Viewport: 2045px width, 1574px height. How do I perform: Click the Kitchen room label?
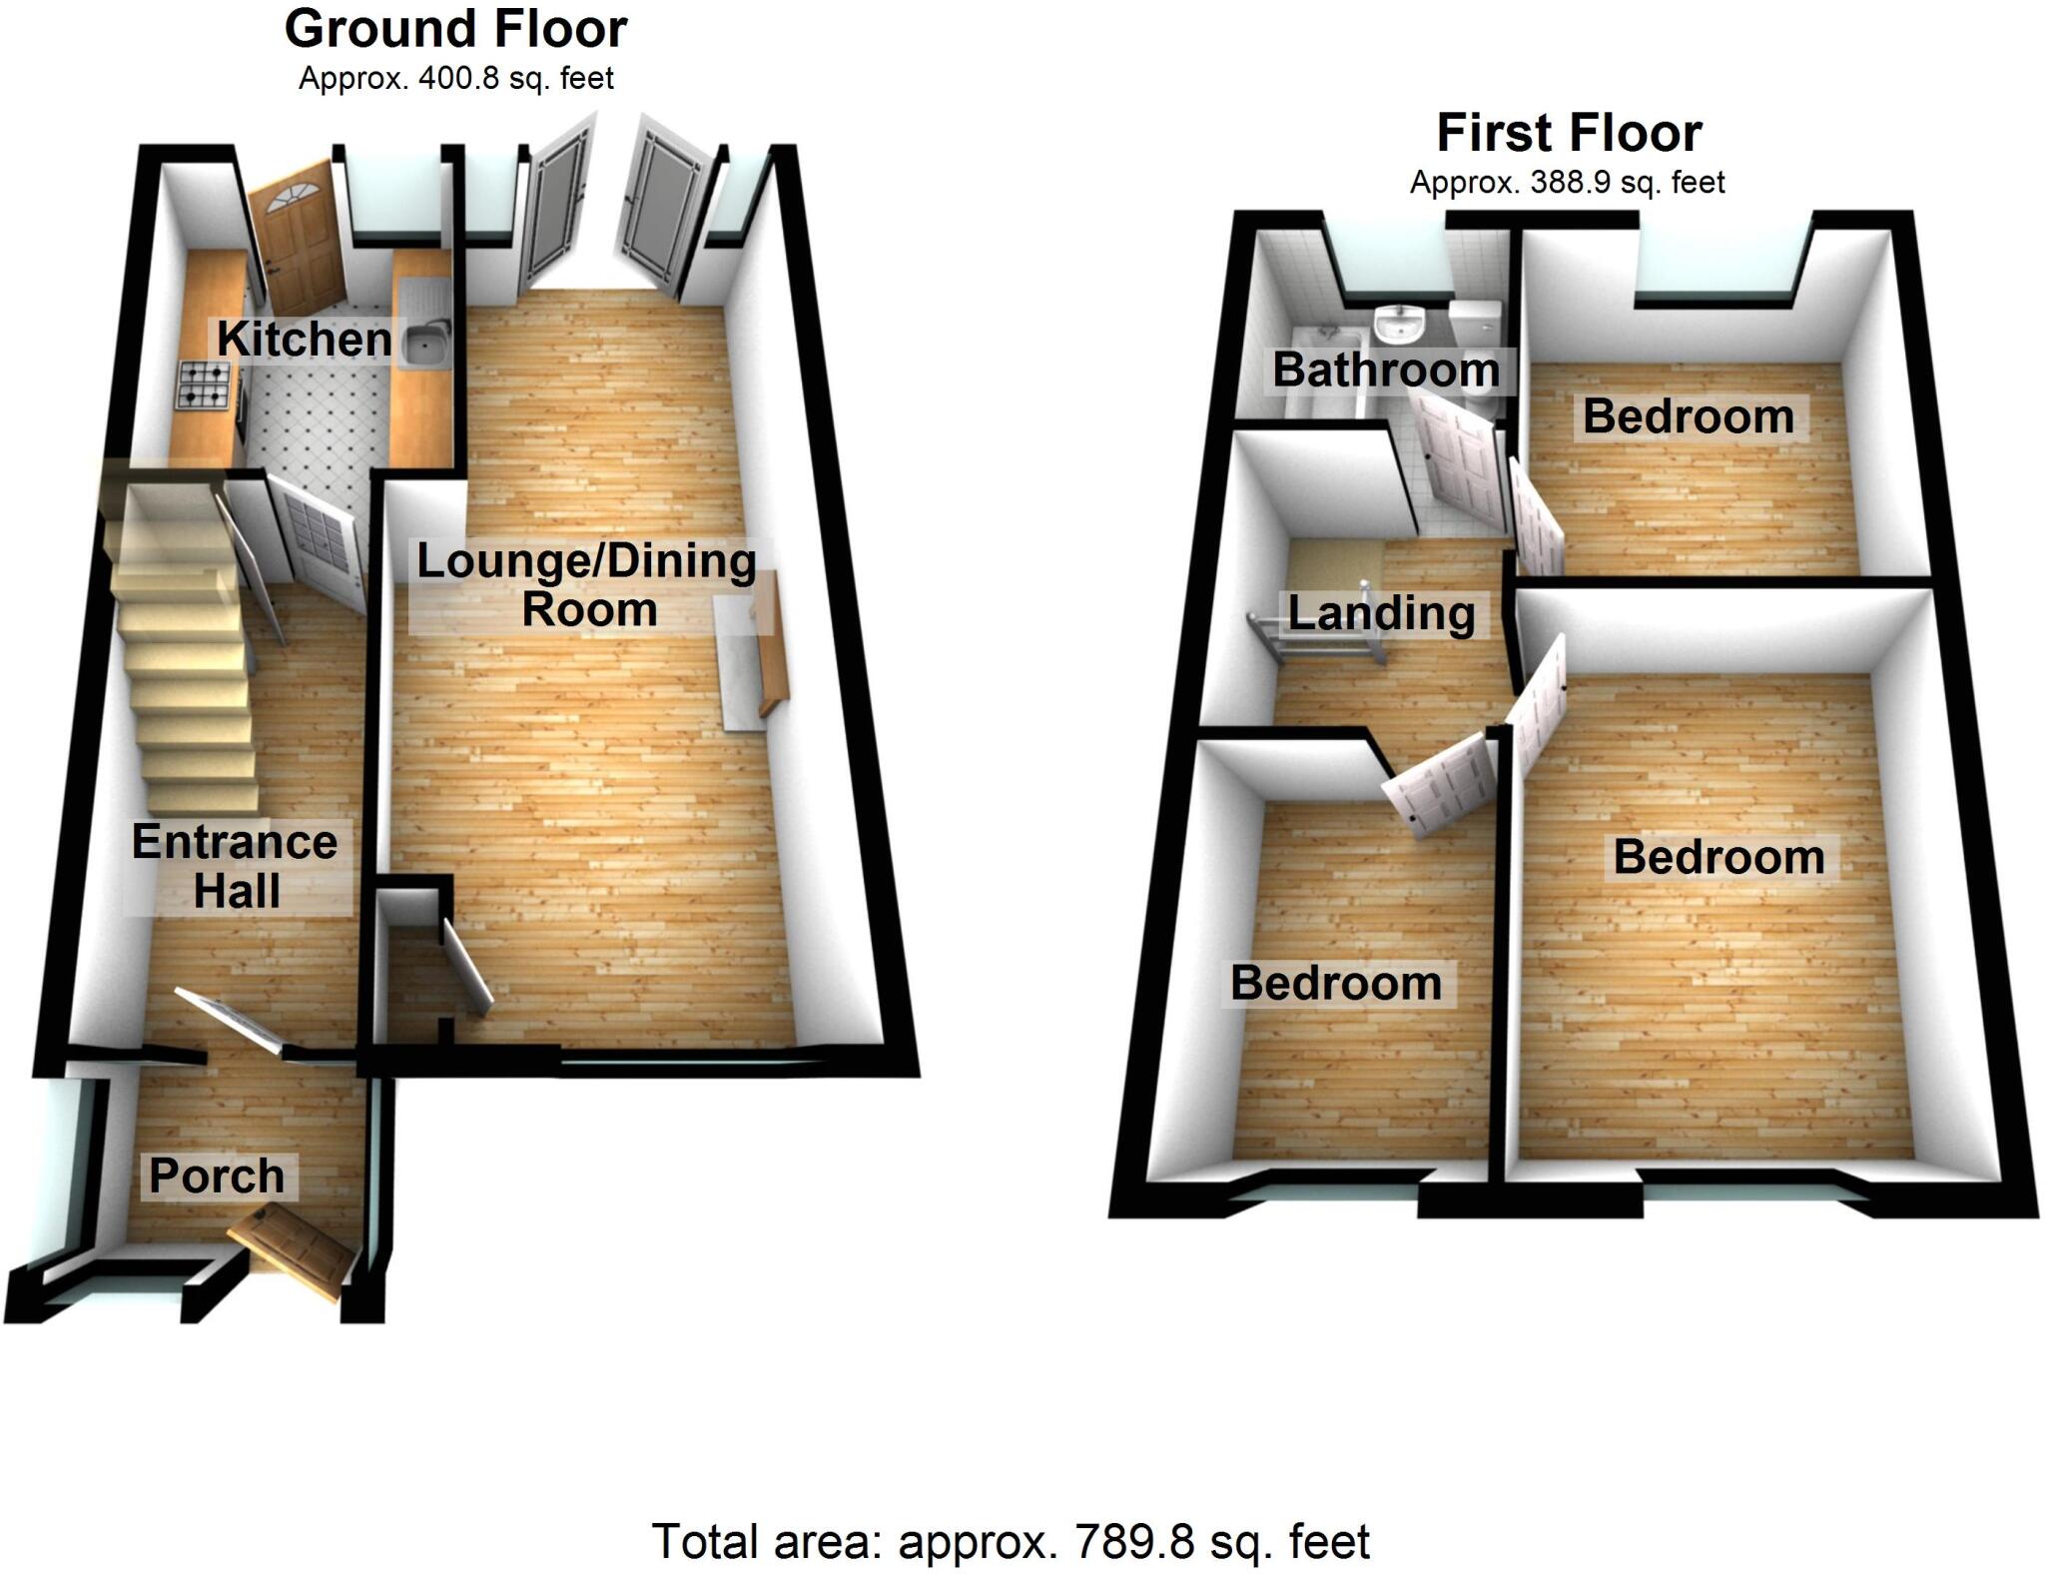[x=304, y=339]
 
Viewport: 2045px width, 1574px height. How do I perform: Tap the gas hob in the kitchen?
[x=203, y=386]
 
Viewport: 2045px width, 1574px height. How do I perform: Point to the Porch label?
[x=217, y=1176]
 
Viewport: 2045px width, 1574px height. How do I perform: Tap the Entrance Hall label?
[x=236, y=866]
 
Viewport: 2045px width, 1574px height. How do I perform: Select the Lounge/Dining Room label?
[x=587, y=584]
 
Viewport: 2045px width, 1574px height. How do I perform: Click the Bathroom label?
[x=1386, y=370]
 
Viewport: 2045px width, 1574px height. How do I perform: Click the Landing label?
[x=1381, y=612]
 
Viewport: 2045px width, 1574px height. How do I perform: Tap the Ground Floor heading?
[x=456, y=29]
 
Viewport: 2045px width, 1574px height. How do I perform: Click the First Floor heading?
[x=1569, y=133]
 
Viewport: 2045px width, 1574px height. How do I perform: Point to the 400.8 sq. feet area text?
[x=456, y=78]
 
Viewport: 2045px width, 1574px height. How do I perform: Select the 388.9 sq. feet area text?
[x=1568, y=183]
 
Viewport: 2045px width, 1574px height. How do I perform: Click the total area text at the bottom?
[x=1011, y=1541]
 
